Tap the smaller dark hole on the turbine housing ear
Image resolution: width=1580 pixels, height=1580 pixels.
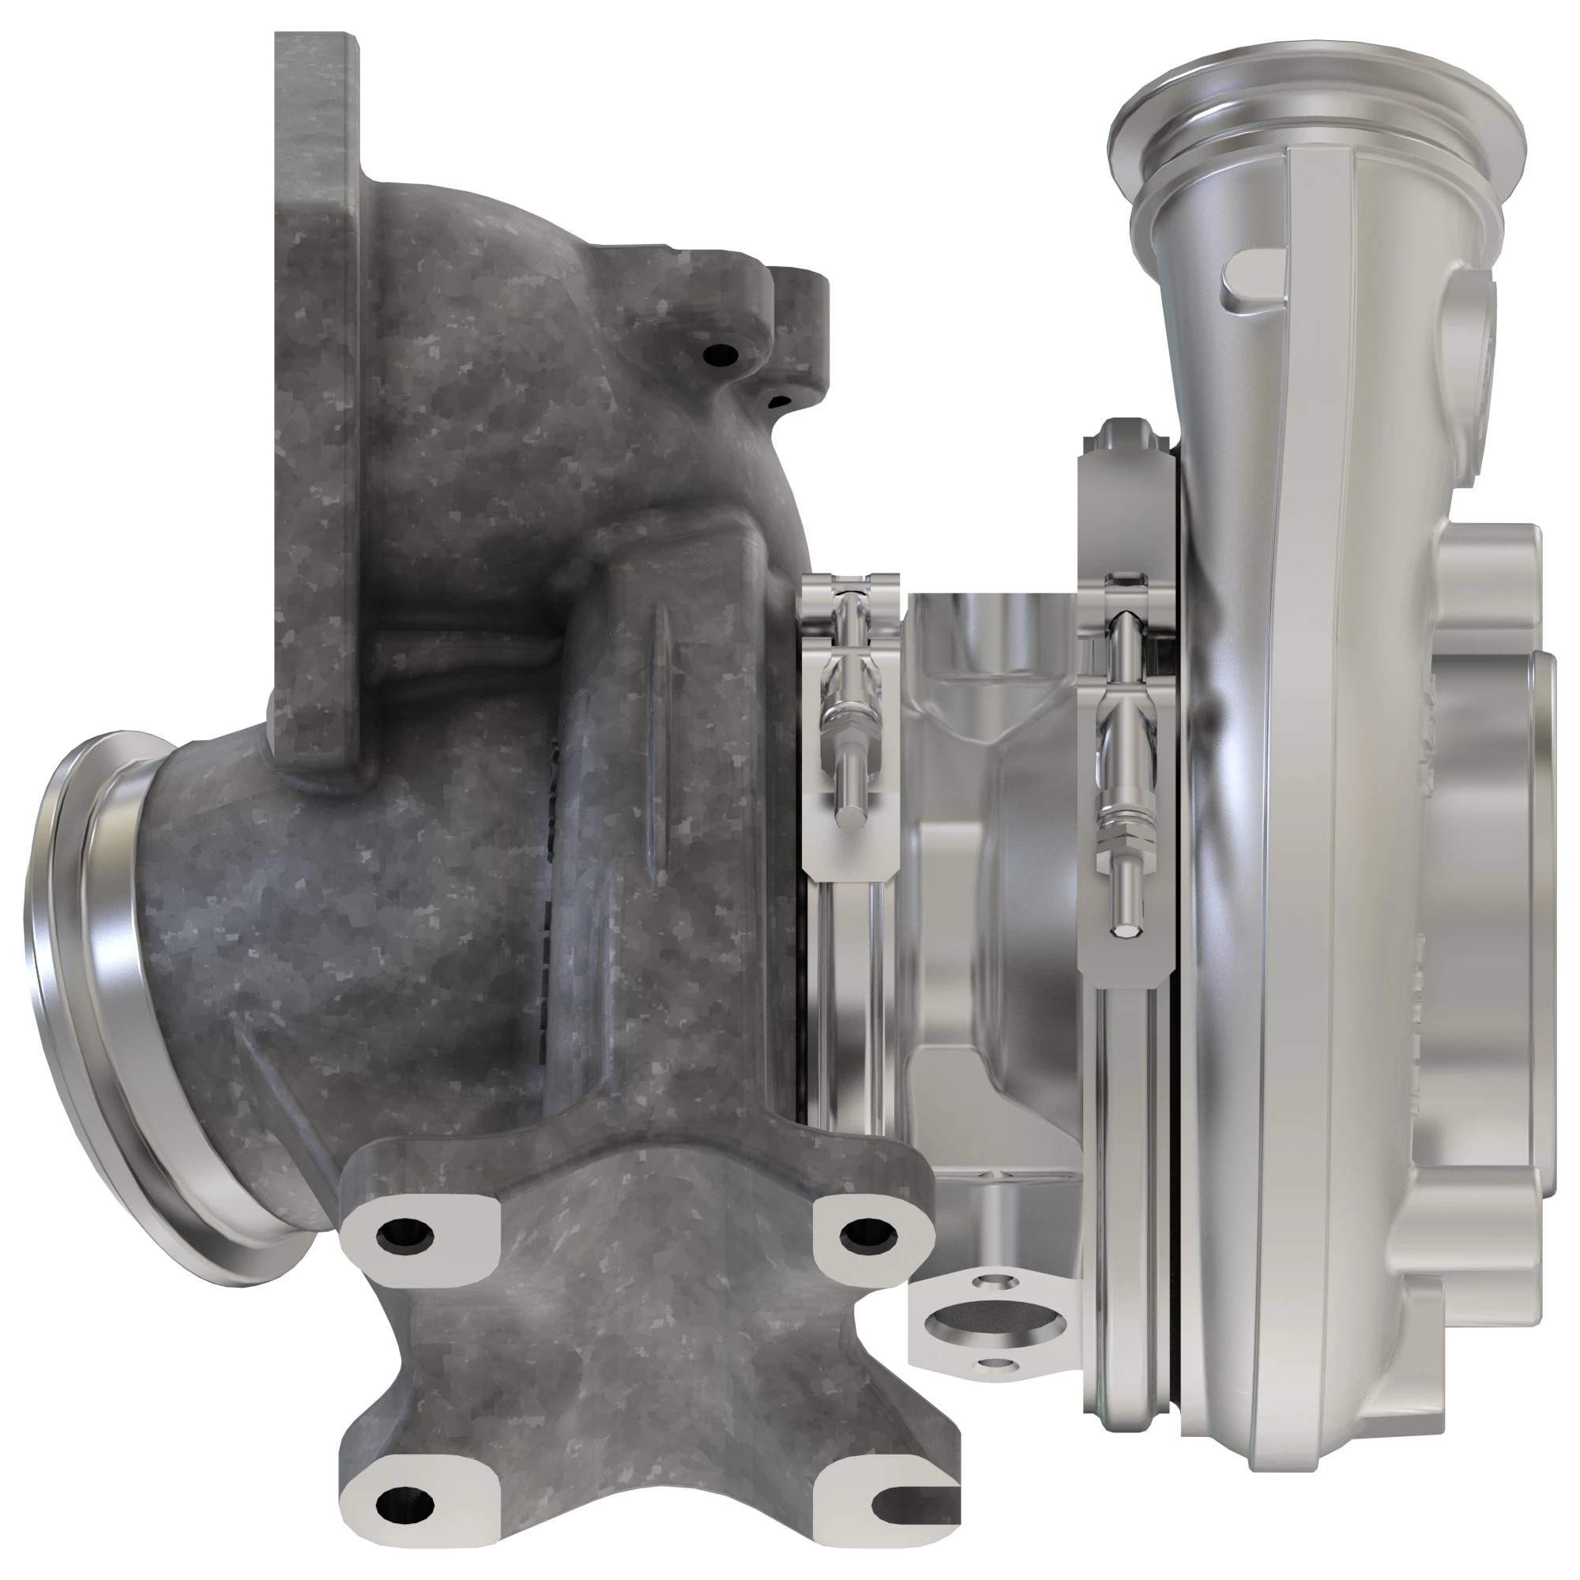click(781, 401)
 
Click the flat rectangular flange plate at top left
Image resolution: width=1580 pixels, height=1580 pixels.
click(315, 393)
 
